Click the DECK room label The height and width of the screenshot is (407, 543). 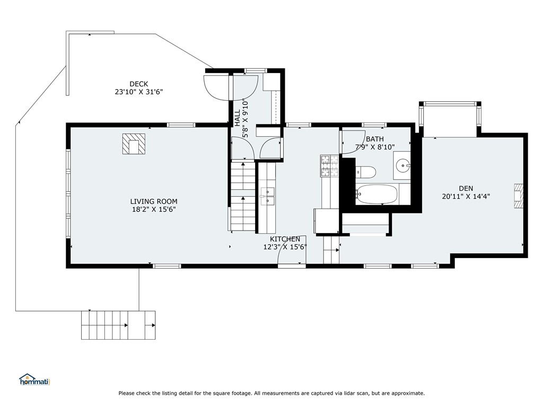138,84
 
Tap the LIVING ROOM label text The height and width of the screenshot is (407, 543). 154,201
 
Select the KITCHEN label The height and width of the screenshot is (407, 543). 285,239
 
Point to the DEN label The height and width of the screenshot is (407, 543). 466,189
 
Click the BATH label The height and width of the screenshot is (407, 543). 375,139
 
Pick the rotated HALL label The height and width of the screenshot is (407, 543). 238,118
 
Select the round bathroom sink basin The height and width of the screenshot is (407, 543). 403,165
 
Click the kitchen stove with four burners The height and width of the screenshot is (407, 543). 330,166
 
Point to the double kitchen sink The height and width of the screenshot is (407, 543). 267,196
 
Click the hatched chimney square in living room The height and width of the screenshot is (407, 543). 134,144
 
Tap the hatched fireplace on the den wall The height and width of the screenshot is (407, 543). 518,196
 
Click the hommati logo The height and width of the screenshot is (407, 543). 34,379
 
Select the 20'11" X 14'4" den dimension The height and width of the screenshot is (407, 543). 466,197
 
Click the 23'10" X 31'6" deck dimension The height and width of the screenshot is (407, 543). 138,92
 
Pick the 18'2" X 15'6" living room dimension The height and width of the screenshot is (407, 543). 154,209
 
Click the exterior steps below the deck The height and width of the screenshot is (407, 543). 118,325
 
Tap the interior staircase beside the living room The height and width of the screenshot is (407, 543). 243,196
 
